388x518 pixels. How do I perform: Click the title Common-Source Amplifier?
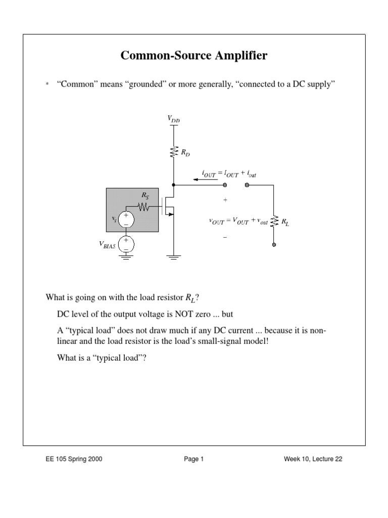coord(194,56)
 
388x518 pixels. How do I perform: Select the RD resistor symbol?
coord(173,151)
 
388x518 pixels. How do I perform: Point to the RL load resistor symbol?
coord(274,221)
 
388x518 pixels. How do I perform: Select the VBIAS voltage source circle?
coord(126,244)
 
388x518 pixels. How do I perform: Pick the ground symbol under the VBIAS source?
coord(126,256)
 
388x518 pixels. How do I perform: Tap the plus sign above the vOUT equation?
coord(225,200)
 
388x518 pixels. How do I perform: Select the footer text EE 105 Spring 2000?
coord(74,459)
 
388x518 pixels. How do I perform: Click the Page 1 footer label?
coord(193,459)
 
